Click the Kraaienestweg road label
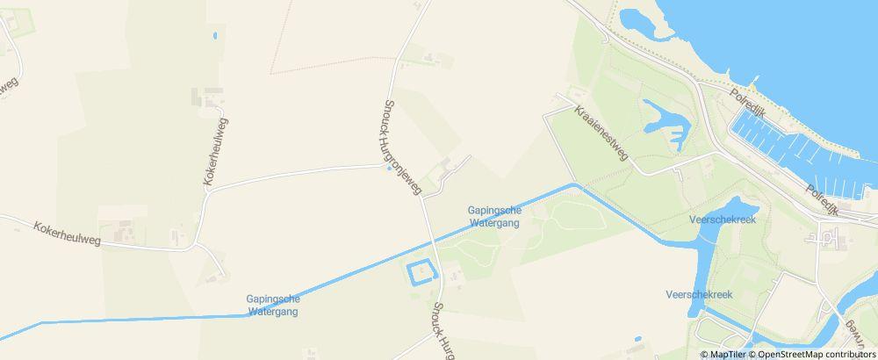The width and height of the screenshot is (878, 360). [602, 134]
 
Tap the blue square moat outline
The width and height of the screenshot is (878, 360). [421, 274]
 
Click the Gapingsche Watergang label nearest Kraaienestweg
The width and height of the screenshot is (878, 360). [493, 216]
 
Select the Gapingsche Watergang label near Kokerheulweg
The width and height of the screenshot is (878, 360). [273, 305]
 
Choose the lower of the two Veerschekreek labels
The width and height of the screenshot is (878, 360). [699, 294]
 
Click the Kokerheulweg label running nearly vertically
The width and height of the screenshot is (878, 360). [216, 150]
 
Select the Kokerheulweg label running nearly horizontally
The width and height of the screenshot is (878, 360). [67, 233]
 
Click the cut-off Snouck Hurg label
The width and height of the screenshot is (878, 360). [443, 330]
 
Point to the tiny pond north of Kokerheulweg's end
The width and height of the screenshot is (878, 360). [214, 37]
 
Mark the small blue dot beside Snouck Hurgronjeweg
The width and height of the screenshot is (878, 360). [390, 169]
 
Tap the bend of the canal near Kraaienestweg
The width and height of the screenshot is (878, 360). [575, 184]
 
